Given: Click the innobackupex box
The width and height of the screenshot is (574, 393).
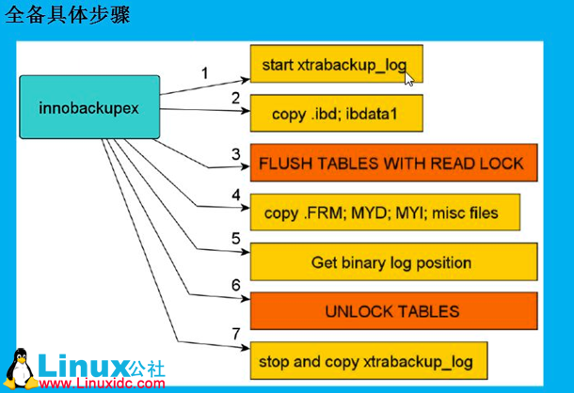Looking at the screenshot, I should click(x=89, y=107).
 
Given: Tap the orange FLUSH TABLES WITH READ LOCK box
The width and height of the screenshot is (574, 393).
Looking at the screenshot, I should click(x=392, y=163).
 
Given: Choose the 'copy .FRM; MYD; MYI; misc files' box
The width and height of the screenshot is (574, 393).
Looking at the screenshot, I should click(x=387, y=212).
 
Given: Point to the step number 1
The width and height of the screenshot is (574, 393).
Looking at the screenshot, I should click(x=204, y=71).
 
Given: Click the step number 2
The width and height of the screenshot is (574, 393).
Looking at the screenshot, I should click(x=235, y=97).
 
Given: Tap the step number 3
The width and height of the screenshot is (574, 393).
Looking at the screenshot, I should click(x=235, y=152).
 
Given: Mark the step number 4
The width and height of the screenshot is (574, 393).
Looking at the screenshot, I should click(x=235, y=196).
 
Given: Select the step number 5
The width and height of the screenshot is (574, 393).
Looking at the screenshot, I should click(x=235, y=240).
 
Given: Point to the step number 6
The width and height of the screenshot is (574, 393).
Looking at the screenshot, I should click(x=235, y=284).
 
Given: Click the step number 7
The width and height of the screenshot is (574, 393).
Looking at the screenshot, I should click(x=235, y=334).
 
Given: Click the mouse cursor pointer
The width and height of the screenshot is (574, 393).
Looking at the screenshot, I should click(x=409, y=78).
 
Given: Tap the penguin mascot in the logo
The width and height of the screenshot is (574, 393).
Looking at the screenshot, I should click(x=19, y=369).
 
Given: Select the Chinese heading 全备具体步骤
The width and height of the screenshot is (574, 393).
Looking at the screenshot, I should click(x=68, y=16).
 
